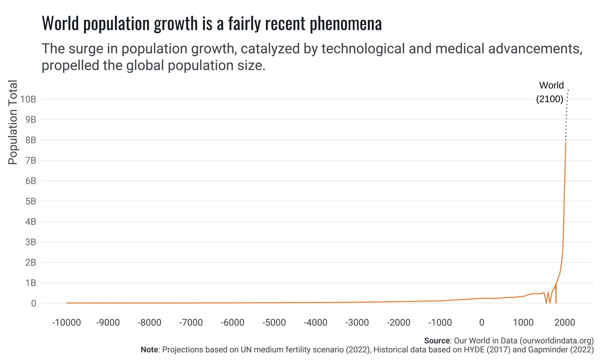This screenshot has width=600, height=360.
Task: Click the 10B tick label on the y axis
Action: coord(28,99)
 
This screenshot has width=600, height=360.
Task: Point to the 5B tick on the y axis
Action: coord(31,201)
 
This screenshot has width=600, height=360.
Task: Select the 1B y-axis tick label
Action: coord(31,283)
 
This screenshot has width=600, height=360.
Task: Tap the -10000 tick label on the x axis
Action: coord(66,322)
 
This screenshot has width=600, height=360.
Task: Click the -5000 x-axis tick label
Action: coord(274,322)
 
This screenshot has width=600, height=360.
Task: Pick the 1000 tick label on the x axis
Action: coord(523,322)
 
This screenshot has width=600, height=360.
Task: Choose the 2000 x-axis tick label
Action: coord(565,322)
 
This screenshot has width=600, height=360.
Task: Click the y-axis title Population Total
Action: coord(13,122)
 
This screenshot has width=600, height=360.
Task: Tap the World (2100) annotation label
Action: coord(551,92)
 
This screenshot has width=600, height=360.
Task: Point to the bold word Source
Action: coord(437,341)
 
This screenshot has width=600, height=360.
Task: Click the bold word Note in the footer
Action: coord(149,349)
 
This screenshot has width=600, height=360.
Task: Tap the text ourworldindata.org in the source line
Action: coord(557,341)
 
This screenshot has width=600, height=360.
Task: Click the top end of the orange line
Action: coord(566,142)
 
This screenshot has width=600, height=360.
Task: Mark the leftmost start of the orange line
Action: coord(67,303)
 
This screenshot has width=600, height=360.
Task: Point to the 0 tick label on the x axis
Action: coord(482,322)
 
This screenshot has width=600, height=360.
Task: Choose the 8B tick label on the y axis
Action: coord(31,140)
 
